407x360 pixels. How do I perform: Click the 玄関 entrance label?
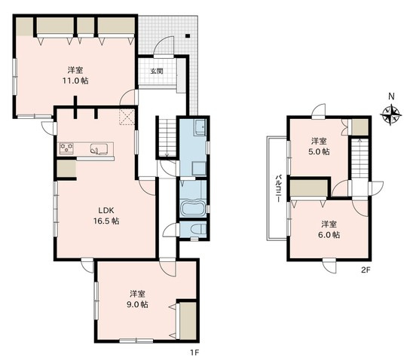[157, 71]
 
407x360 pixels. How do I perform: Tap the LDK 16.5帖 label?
[106, 215]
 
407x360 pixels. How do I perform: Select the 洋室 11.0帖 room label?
[75, 75]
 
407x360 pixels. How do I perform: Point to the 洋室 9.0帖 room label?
[138, 299]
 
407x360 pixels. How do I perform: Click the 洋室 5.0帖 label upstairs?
[319, 146]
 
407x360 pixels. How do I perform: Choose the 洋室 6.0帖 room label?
[329, 229]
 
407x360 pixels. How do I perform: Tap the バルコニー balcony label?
[279, 188]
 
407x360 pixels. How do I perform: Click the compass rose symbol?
[390, 114]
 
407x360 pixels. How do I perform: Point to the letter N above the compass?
[391, 96]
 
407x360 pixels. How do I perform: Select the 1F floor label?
[194, 352]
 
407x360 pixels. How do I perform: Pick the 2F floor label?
[366, 270]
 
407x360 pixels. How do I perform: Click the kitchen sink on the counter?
[99, 149]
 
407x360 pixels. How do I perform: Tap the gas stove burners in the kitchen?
[67, 148]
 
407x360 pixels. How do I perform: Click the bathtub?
[194, 208]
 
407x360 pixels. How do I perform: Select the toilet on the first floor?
[197, 229]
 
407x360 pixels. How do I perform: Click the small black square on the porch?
[188, 36]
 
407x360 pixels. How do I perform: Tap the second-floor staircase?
[360, 158]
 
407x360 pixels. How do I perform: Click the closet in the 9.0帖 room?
[188, 321]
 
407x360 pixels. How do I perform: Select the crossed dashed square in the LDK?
[127, 117]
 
